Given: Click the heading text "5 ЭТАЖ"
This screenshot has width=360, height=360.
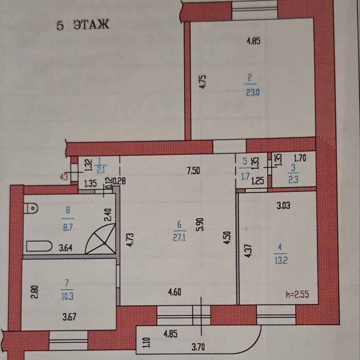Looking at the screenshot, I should click(x=82, y=25).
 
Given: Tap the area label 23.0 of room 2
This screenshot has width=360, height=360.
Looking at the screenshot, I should click(x=252, y=92).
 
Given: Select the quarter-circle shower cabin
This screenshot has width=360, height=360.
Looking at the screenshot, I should click(x=101, y=239).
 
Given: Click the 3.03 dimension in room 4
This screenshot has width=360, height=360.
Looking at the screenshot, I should click(x=283, y=205).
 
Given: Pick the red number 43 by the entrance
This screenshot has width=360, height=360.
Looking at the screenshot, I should click(x=64, y=177).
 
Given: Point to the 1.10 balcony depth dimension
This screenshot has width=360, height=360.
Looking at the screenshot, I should click(x=146, y=343).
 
